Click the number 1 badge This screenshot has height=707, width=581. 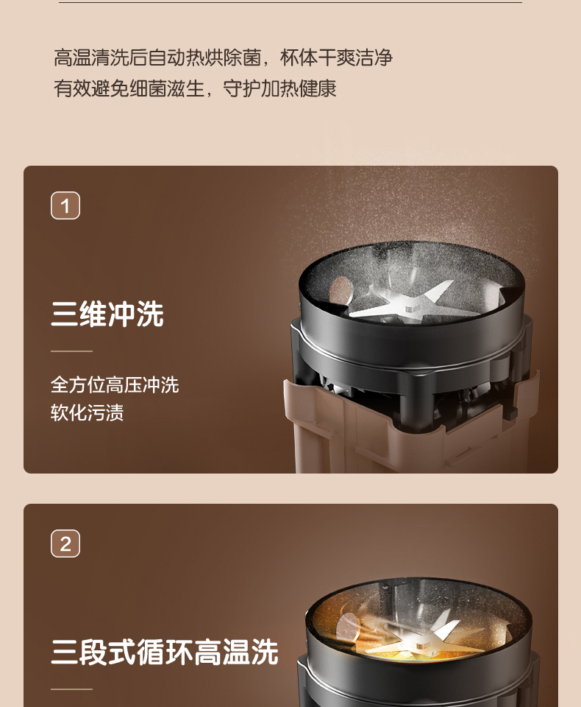point(65,205)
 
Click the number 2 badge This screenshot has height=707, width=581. point(65,544)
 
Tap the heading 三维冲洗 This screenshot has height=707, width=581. point(107,314)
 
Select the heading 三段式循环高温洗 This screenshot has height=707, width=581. point(165,652)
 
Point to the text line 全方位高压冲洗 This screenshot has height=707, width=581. point(115,385)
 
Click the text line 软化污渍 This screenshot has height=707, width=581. point(87,412)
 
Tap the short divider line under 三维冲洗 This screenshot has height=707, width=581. point(71,351)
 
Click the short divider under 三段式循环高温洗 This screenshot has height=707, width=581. point(71,689)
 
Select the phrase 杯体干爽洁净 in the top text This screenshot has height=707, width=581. point(336,57)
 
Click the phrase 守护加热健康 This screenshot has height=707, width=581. point(279,88)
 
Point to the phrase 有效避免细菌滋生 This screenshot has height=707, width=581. point(129,88)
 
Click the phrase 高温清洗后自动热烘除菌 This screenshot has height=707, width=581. point(157,57)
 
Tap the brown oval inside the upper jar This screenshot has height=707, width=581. point(340,291)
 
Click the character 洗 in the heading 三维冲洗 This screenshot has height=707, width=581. point(150,314)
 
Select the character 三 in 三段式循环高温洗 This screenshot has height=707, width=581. point(64,652)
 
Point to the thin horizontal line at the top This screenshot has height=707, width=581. point(290,3)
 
